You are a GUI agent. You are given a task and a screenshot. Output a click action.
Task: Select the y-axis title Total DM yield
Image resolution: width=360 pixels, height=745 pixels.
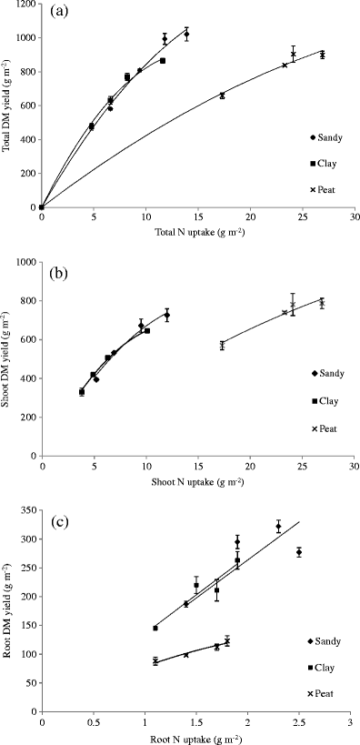coord(8,106)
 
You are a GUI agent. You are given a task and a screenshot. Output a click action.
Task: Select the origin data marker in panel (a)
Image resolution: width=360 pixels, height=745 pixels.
coord(42,206)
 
